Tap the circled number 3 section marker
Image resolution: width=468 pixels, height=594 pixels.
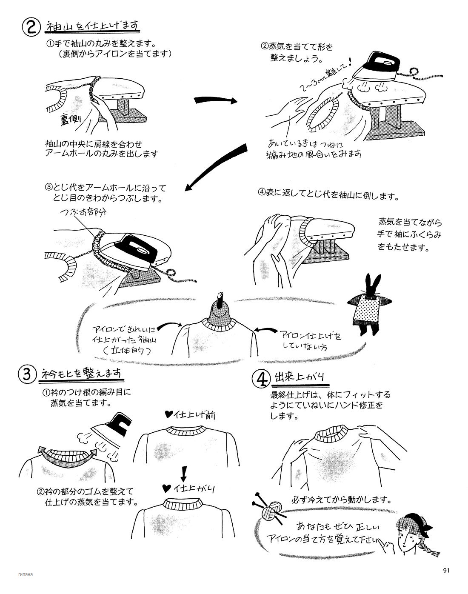[27, 374]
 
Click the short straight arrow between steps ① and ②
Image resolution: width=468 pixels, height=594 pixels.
[215, 101]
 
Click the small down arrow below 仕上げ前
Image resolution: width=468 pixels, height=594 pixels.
[184, 472]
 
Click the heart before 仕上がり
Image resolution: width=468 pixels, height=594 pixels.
[168, 487]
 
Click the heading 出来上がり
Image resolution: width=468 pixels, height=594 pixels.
[298, 376]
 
